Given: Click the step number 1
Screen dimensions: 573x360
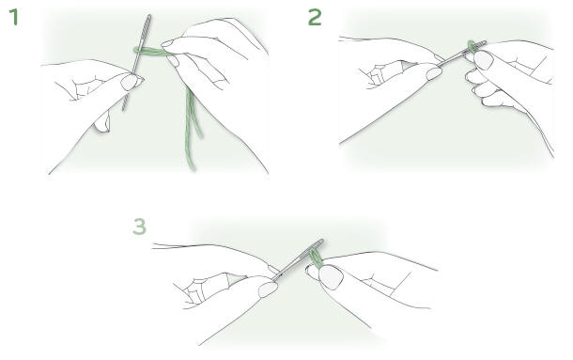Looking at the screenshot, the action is (14, 17).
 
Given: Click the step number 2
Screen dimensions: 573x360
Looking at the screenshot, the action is (315, 17).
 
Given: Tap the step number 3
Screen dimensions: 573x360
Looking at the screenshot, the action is (139, 227).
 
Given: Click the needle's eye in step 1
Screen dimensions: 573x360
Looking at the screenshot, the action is (147, 27).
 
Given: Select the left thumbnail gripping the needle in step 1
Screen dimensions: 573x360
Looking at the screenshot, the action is (130, 82).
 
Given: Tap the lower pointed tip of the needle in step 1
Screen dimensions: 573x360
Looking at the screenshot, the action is (123, 109).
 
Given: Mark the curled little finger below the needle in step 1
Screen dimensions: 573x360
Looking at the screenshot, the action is (102, 122).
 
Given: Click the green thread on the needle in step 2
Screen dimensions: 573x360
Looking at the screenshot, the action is (472, 46).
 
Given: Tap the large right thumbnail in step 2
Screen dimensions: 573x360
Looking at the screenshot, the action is (483, 60).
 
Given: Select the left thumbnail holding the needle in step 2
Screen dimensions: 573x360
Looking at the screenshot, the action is (434, 73).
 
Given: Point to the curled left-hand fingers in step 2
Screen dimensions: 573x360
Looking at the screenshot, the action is (383, 73).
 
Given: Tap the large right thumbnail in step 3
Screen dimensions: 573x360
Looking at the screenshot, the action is (331, 277).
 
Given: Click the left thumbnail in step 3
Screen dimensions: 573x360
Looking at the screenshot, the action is (268, 290).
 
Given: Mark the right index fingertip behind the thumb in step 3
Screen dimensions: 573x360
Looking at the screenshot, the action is (312, 273).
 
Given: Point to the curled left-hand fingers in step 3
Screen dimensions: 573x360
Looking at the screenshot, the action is (205, 289).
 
